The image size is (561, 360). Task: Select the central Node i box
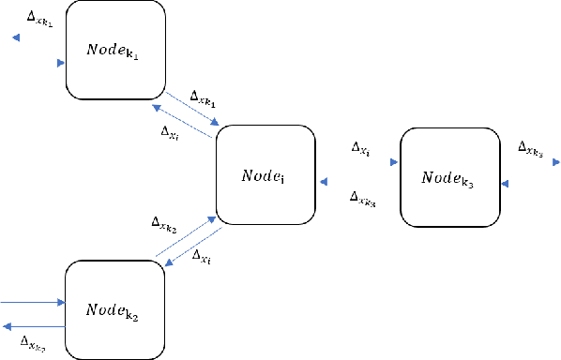click(265, 176)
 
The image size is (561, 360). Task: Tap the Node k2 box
click(114, 309)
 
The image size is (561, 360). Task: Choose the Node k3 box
click(447, 177)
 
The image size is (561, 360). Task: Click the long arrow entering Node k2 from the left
click(33, 303)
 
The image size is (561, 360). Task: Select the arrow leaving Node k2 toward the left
click(33, 325)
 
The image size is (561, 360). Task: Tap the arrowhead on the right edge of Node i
click(321, 182)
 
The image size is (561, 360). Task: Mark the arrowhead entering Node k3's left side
click(395, 162)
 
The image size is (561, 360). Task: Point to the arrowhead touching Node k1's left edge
click(61, 63)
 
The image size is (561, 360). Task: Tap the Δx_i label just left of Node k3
click(360, 148)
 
